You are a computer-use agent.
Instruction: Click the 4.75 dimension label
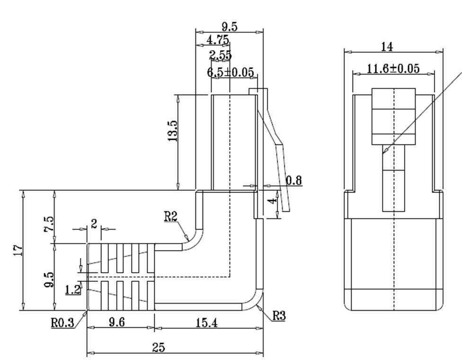[x=218, y=40]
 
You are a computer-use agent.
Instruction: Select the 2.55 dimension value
[x=221, y=55]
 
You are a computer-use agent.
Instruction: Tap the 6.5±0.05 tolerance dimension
[x=231, y=72]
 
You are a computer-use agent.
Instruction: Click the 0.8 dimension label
[x=293, y=180]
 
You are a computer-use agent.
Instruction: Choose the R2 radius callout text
[x=170, y=216]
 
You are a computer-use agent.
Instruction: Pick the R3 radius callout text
[x=279, y=315]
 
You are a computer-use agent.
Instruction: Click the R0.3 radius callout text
[x=62, y=323]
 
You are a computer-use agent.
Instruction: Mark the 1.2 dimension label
[x=72, y=289]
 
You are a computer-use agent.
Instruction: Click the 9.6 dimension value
[x=116, y=323]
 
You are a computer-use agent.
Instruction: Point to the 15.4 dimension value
[x=206, y=323]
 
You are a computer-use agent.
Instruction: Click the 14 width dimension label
[x=387, y=46]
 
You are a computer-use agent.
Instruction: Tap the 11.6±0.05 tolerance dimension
[x=393, y=69]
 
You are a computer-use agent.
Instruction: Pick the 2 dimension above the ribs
[x=94, y=224]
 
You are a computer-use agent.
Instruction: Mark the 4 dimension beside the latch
[x=271, y=201]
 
